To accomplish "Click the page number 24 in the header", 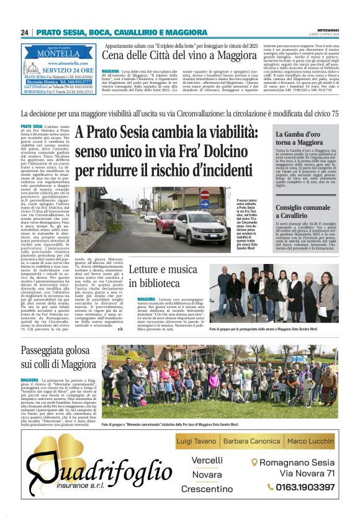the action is tap(25, 32).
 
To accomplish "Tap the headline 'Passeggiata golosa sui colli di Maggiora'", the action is tap(58, 358).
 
